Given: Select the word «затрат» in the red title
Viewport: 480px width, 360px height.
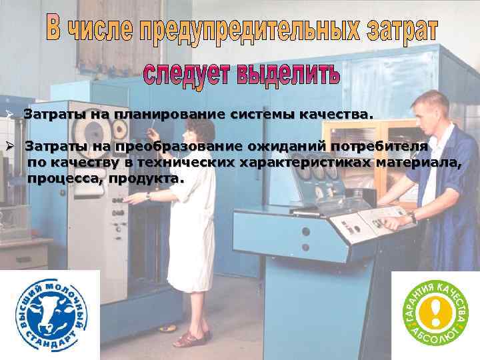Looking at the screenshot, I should tap(401, 30).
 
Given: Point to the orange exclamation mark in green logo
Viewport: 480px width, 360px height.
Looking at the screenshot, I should tap(435, 311).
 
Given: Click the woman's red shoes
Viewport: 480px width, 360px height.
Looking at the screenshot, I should tap(193, 337).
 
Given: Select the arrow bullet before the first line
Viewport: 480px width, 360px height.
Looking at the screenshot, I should tap(10, 115).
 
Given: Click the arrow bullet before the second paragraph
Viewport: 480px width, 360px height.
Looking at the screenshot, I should tap(10, 146).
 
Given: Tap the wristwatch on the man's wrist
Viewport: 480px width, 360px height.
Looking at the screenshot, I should tap(413, 217).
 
